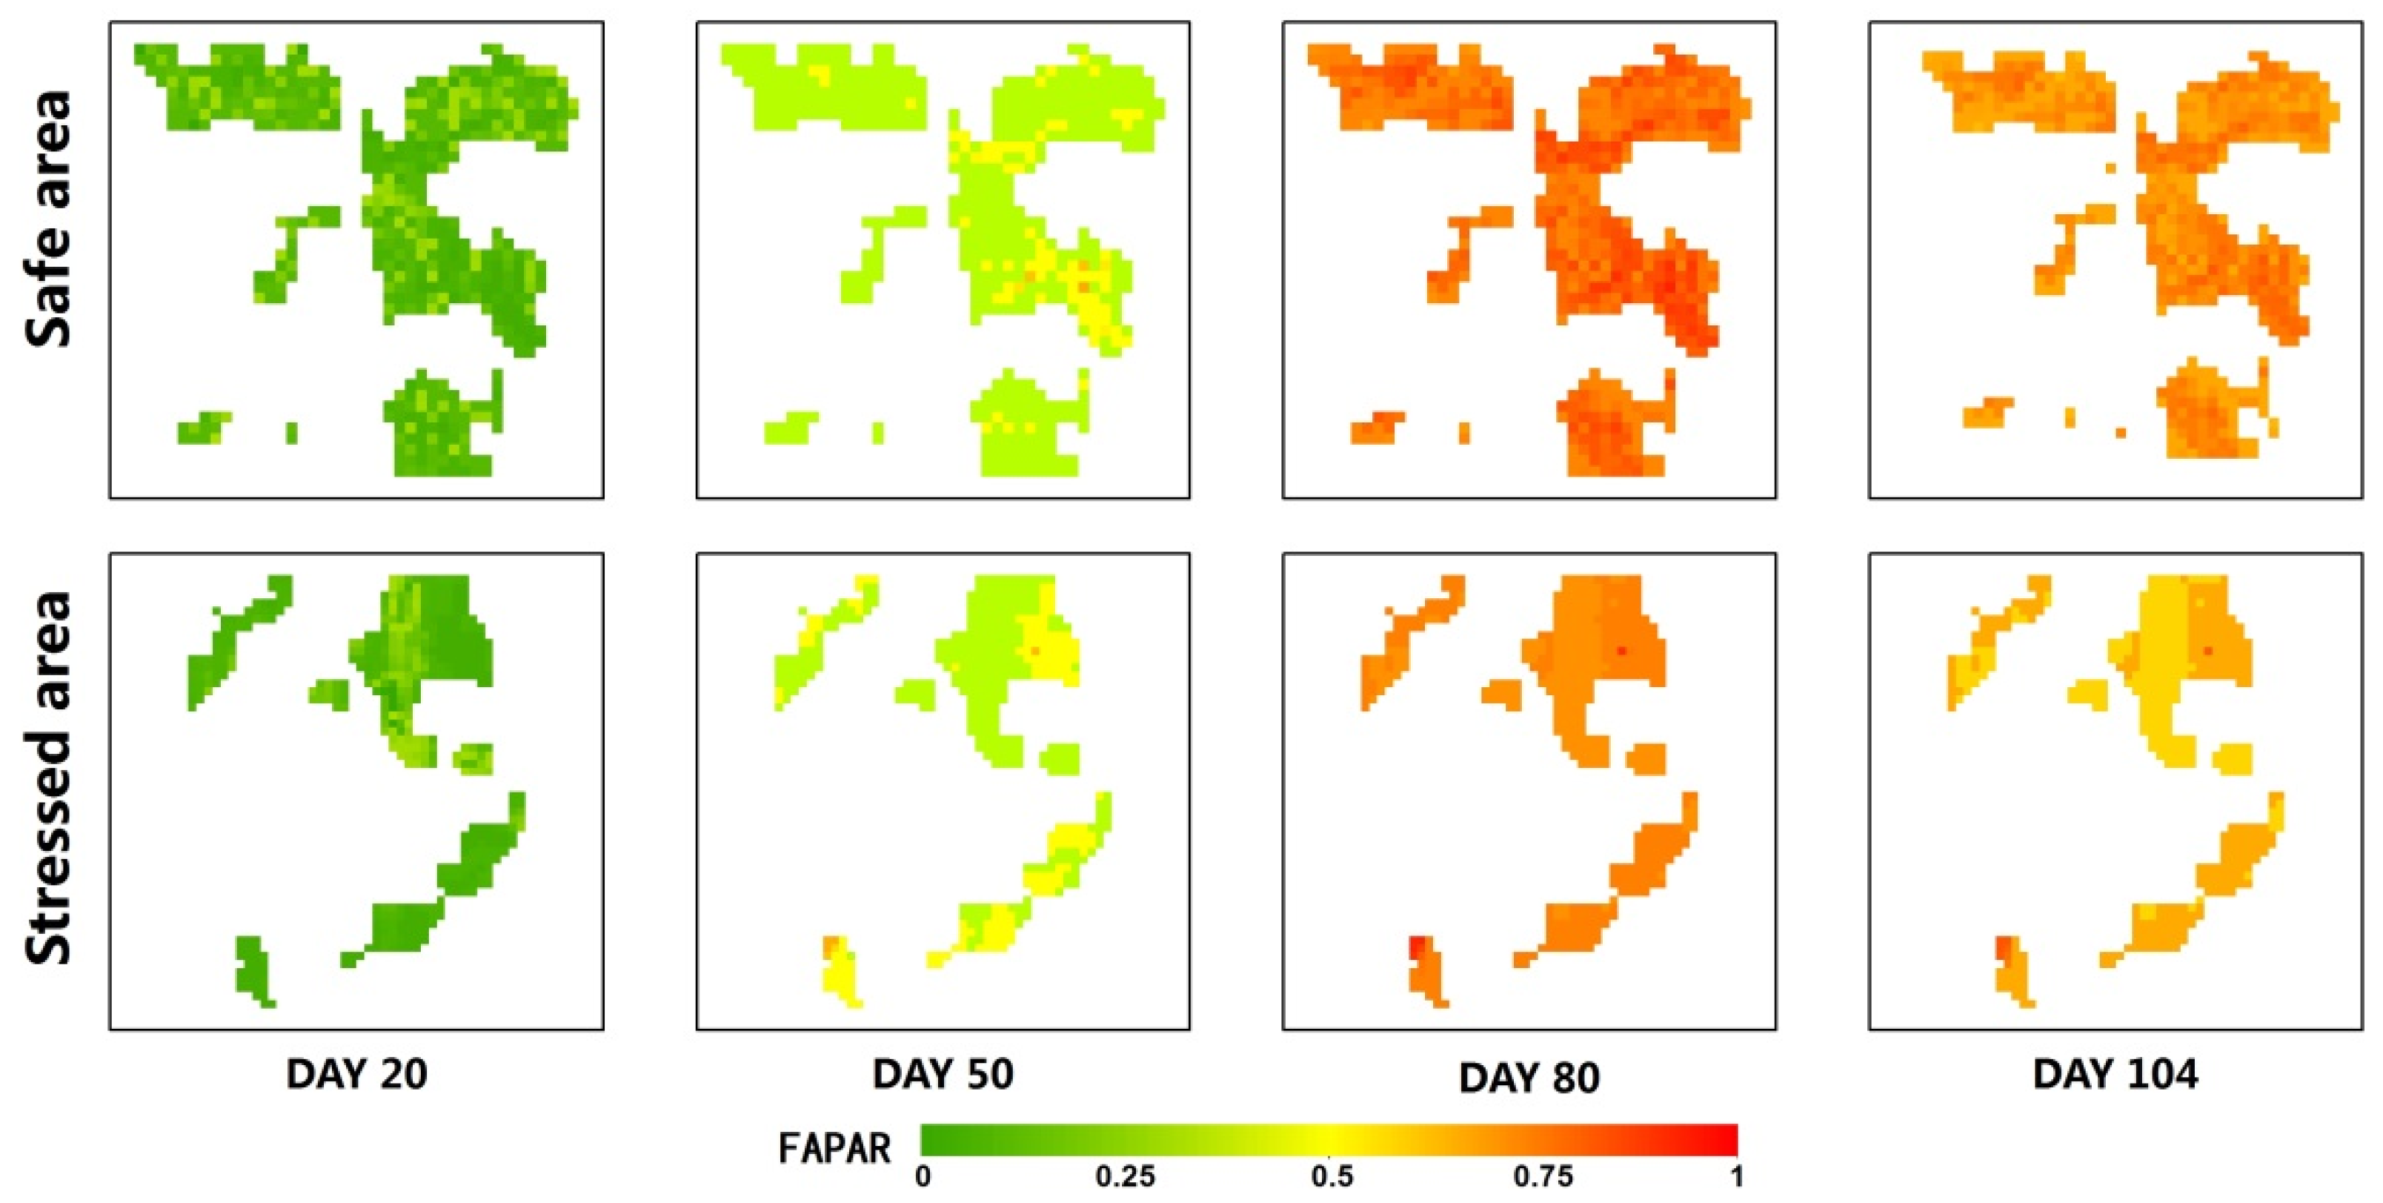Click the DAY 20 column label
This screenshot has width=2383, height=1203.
356,1074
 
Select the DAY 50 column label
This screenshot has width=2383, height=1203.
943,1074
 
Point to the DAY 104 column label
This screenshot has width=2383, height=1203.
2115,1074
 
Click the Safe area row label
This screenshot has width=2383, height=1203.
48,219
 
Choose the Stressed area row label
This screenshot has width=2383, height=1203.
48,778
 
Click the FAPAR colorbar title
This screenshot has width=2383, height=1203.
834,1148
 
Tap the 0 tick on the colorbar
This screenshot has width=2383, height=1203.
923,1177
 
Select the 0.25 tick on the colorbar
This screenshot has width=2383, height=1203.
1125,1177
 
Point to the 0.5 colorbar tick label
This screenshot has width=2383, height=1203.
1332,1177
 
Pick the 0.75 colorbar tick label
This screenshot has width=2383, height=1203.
1542,1177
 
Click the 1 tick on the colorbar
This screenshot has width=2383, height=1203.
1738,1177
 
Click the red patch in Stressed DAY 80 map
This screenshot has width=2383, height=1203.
1416,949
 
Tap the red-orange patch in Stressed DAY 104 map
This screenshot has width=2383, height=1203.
2002,949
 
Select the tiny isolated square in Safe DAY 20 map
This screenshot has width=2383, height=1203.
293,433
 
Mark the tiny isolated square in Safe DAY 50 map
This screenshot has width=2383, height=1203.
878,433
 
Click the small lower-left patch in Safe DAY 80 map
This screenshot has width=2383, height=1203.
1377,428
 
